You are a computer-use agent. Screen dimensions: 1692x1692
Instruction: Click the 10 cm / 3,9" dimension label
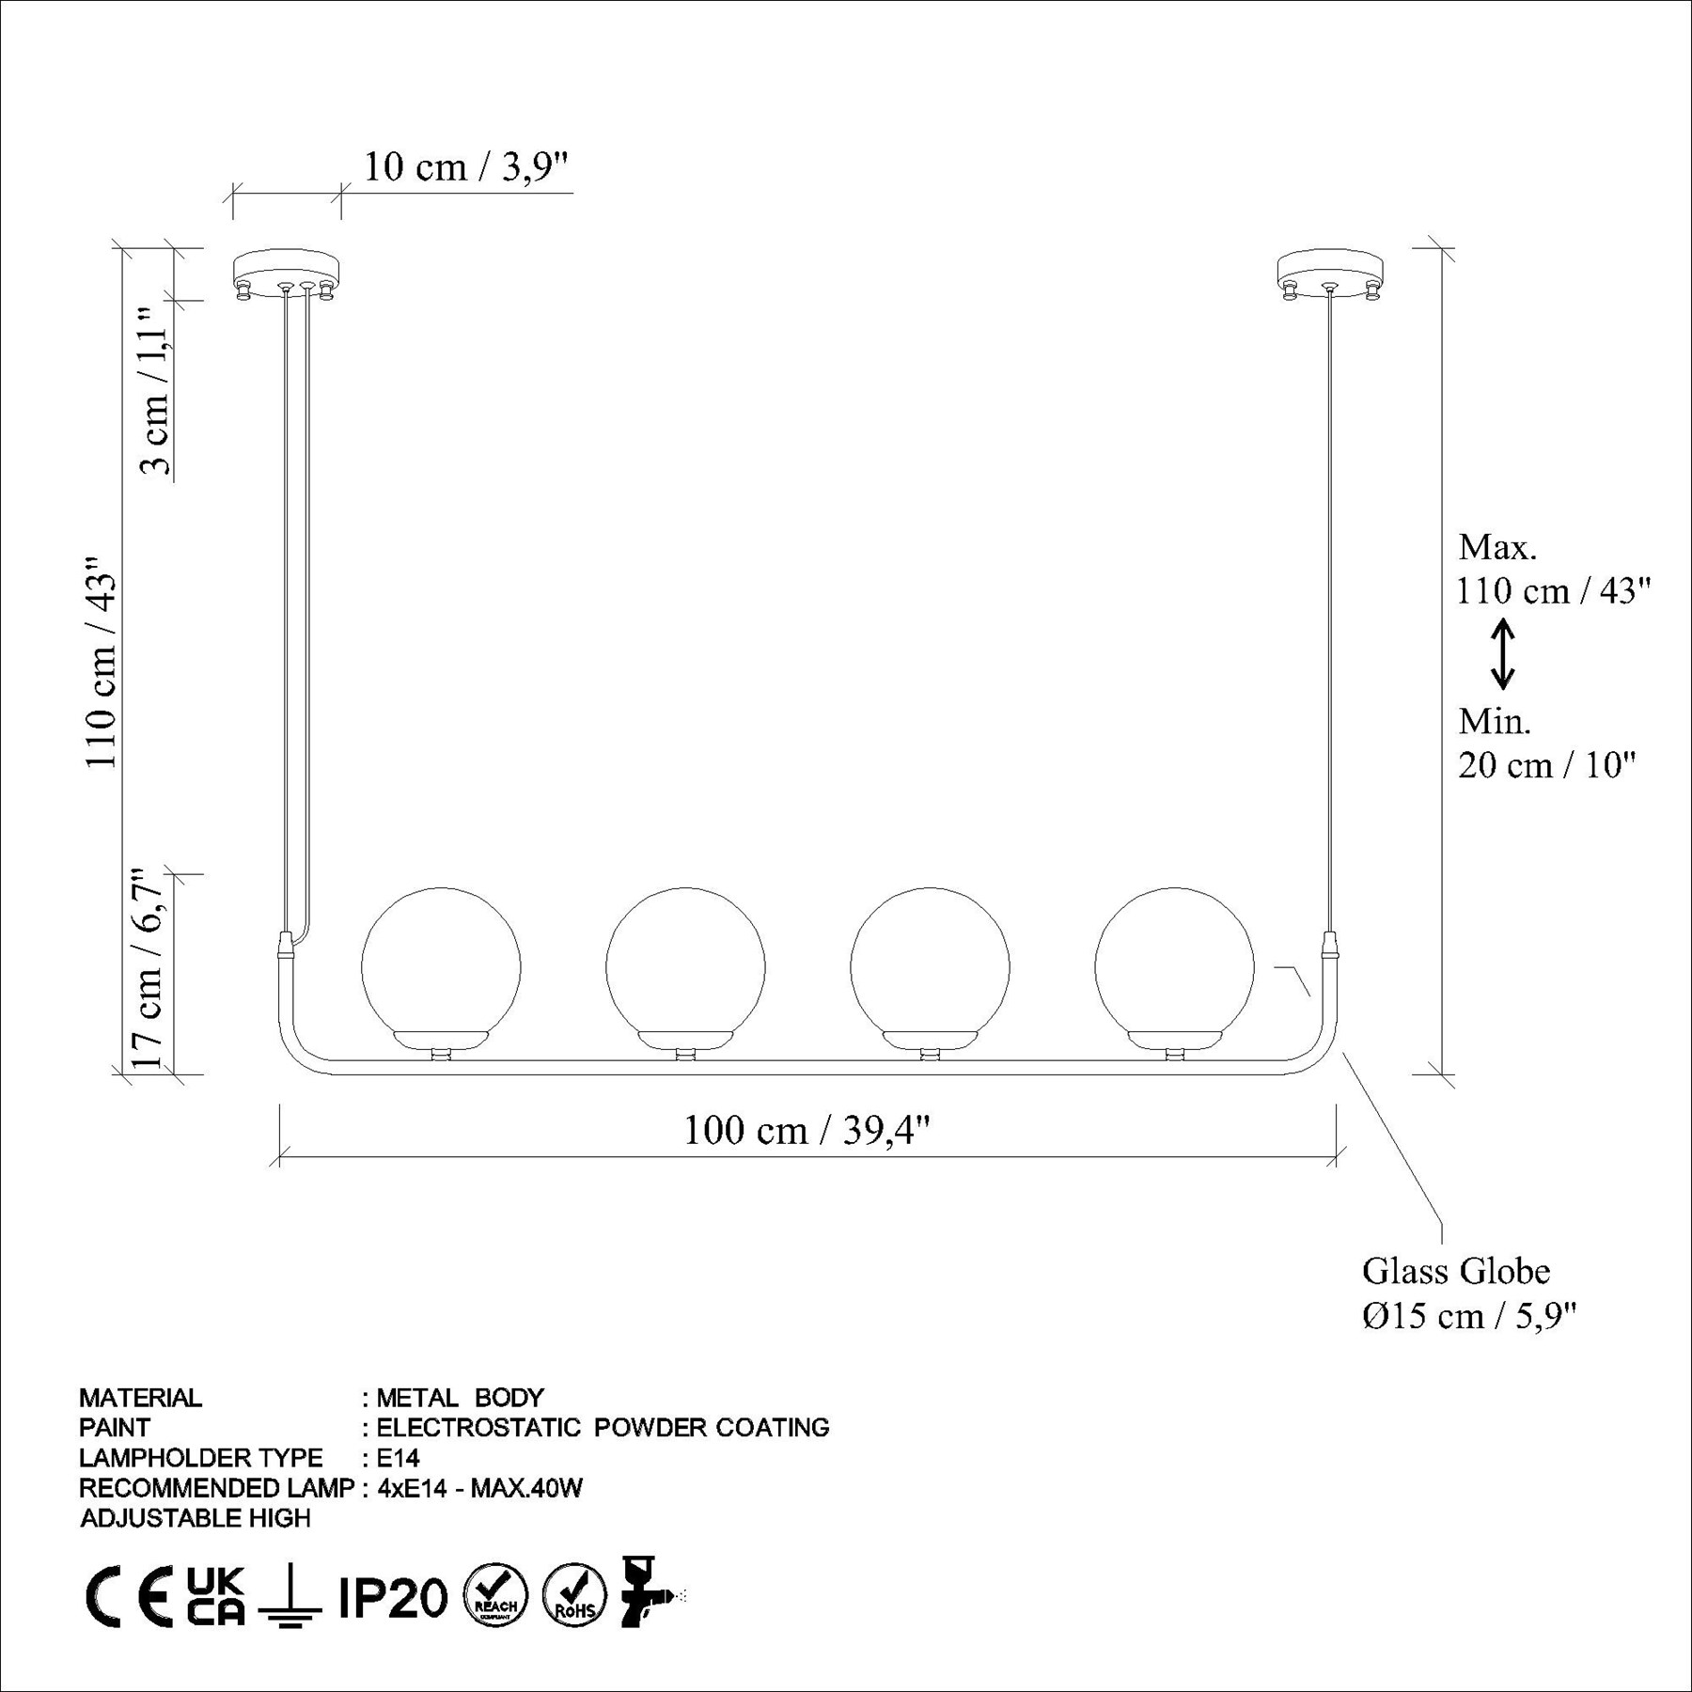(466, 167)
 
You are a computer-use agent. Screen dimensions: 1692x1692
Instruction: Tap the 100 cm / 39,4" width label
(807, 1129)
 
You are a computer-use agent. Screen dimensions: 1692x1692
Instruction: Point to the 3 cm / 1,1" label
(154, 390)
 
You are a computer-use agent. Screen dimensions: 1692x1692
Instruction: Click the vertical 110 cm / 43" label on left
(101, 662)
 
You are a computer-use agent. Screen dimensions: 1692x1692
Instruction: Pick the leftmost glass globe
(441, 966)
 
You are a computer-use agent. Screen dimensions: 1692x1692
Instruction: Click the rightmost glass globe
(1174, 966)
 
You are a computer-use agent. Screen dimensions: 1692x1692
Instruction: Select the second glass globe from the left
(685, 966)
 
